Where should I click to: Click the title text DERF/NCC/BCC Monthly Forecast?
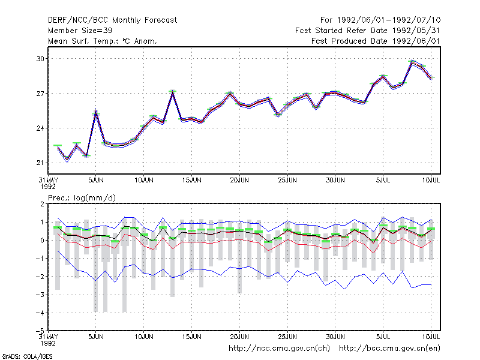click(x=112, y=20)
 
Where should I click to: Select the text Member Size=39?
click(x=80, y=31)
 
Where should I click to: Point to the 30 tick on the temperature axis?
click(x=40, y=59)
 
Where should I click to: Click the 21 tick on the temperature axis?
click(x=40, y=163)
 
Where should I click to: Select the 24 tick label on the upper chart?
click(x=40, y=128)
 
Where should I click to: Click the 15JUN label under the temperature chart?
click(x=191, y=180)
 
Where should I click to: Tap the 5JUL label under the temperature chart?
click(x=383, y=180)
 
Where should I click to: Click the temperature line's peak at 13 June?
click(x=173, y=92)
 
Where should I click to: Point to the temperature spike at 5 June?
click(x=96, y=112)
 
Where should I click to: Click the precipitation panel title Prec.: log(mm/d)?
click(x=82, y=198)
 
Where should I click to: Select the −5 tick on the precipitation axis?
click(x=40, y=331)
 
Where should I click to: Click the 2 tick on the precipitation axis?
click(x=42, y=204)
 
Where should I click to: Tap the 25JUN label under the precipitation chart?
click(x=287, y=337)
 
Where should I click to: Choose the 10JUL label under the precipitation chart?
click(x=431, y=337)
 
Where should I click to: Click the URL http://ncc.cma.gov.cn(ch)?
click(x=279, y=349)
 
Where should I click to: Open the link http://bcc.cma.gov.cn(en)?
click(x=389, y=349)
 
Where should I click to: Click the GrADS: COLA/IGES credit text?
click(x=27, y=356)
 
